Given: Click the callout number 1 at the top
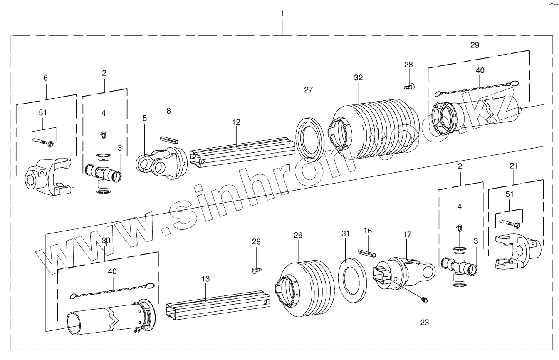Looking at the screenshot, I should pos(283,13).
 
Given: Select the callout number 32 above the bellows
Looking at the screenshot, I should pos(359,78).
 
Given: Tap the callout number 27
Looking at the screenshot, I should pos(308,89).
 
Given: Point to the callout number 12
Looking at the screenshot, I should pos(236,122).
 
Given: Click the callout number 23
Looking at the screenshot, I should pos(425,322).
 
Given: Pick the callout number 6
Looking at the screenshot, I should pos(45,78).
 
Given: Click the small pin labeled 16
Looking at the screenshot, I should pos(368,253).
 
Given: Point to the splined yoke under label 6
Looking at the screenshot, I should pos(48,177).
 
